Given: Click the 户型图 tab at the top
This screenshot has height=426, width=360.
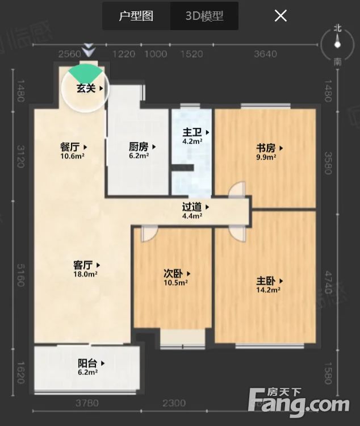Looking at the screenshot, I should pos(136,16).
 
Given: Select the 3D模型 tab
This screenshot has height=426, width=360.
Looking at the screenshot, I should pos(204,16).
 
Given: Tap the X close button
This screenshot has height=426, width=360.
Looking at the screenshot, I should pos(281,16).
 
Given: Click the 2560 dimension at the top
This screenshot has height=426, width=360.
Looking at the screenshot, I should pos(70,54).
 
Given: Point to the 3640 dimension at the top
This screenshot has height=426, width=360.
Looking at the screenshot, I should pos(265,54).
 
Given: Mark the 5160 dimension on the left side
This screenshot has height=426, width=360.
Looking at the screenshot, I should pos(21,273).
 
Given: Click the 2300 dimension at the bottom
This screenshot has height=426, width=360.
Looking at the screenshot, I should pos(174,403).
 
